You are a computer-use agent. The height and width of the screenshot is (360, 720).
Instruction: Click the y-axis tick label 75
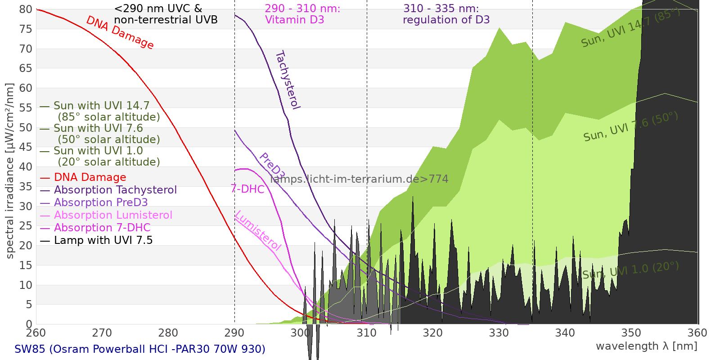coord(26,29)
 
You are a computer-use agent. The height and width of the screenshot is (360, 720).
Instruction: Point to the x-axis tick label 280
coord(168,333)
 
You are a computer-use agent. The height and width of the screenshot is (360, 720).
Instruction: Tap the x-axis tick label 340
coord(565,333)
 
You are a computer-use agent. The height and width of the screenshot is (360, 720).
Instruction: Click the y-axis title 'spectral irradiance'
coord(10,171)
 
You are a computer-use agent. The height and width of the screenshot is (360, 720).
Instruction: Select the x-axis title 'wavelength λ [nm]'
coord(646,346)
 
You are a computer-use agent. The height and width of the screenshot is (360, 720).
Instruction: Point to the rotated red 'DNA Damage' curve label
coord(120,32)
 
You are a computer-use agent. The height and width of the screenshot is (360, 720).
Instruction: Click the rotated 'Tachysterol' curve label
coord(287,80)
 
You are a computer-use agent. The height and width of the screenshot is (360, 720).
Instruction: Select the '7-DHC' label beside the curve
coord(247,189)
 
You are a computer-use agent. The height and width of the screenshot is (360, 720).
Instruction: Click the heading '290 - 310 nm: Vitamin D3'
coord(302,14)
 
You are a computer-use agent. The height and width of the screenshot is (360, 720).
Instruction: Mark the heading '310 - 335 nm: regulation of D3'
coord(446,14)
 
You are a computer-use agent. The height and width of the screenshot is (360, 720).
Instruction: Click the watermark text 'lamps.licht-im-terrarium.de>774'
coord(359,179)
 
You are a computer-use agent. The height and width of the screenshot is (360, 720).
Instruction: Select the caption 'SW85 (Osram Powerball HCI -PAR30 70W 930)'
coord(140,349)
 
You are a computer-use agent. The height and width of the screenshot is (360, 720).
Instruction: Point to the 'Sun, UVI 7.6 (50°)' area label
coord(630,126)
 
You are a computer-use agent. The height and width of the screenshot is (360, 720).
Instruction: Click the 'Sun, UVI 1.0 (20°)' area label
coord(630,270)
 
